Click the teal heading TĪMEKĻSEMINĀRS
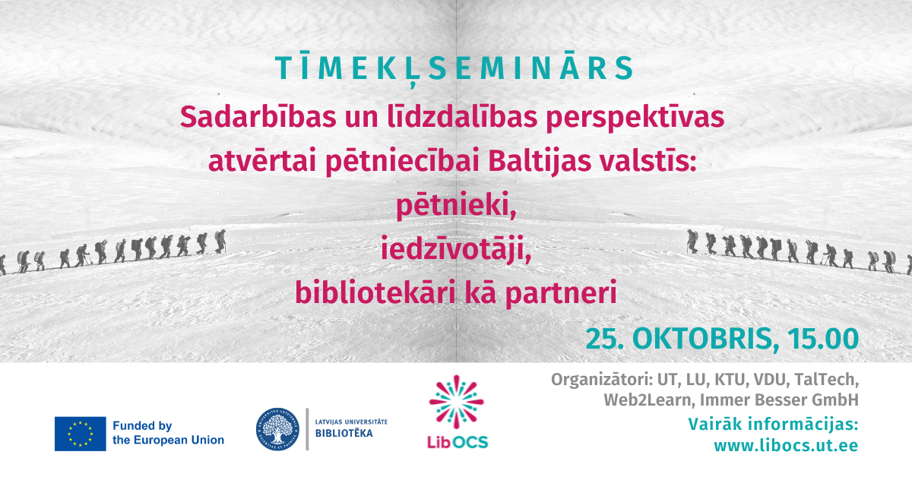[x=454, y=68]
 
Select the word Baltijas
[x=540, y=163]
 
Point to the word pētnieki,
[x=456, y=206]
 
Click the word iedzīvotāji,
[x=456, y=249]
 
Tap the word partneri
[x=561, y=294]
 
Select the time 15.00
[x=823, y=339]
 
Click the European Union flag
[x=81, y=434]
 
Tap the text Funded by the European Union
[x=168, y=433]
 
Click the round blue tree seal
[x=277, y=429]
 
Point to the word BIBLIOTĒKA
[x=344, y=434]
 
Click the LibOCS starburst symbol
[x=457, y=401]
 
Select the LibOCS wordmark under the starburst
[x=458, y=442]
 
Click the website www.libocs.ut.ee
[x=786, y=446]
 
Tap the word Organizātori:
[x=602, y=380]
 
